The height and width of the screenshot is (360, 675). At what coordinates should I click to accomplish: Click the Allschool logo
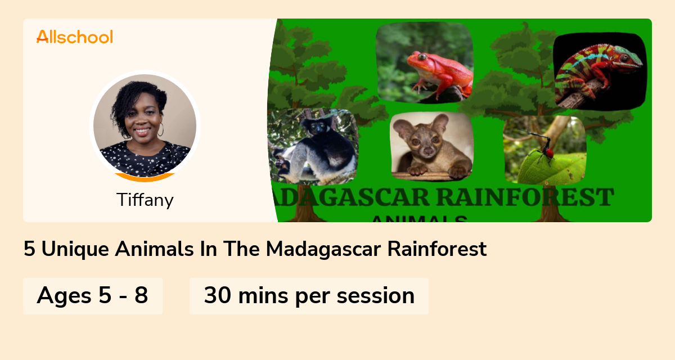tap(74, 37)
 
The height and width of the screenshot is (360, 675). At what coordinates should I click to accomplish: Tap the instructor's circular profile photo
tap(145, 125)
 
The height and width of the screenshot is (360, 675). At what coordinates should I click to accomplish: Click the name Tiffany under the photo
tap(145, 200)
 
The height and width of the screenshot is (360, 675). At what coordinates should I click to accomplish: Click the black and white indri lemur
tap(313, 146)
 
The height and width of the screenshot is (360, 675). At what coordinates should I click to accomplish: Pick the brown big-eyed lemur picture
tap(431, 147)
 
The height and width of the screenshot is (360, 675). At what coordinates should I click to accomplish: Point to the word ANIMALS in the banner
tap(418, 218)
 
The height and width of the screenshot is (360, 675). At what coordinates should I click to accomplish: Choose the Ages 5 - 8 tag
tap(93, 296)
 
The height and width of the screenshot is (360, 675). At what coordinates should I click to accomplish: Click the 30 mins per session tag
tap(309, 296)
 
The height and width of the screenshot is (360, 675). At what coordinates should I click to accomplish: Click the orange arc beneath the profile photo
tap(145, 178)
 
